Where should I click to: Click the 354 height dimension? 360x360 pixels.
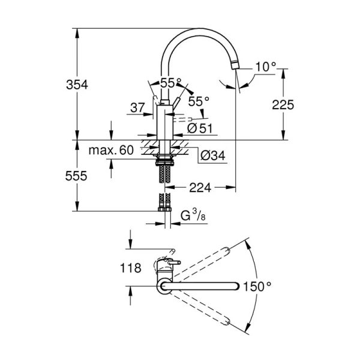coord(76,85)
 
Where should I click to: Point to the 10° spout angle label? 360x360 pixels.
coord(263,67)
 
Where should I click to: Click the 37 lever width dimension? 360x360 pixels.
coord(137,108)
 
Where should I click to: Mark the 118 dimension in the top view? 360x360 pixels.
coord(130,268)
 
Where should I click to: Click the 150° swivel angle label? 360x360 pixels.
coord(260,287)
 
